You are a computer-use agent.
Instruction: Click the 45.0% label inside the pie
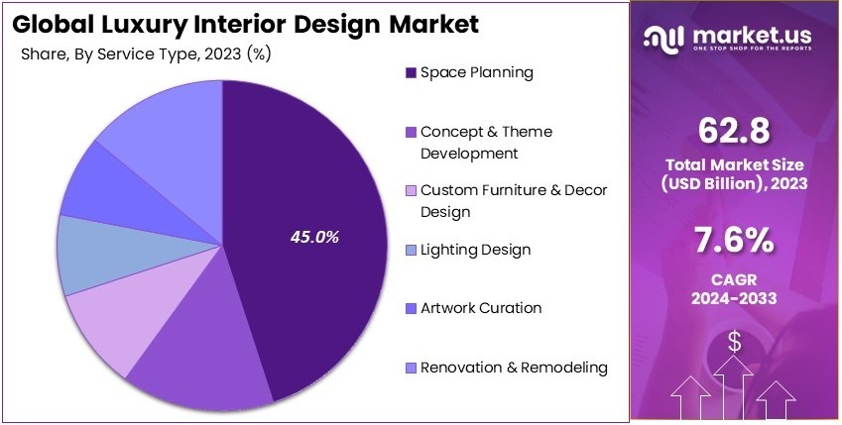coord(314,237)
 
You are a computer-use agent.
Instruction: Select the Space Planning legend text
coord(477,72)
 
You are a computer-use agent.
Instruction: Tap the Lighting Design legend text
coord(475,250)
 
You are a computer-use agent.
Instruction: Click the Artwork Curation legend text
coord(481,308)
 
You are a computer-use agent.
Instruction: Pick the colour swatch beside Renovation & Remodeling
coord(411,369)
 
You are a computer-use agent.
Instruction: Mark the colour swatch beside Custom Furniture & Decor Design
coord(411,191)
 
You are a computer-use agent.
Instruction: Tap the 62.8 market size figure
coord(734,131)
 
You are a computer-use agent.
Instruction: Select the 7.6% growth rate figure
coord(734,242)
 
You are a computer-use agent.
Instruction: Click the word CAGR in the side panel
coord(734,279)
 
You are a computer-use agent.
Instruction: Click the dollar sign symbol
coord(734,342)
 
